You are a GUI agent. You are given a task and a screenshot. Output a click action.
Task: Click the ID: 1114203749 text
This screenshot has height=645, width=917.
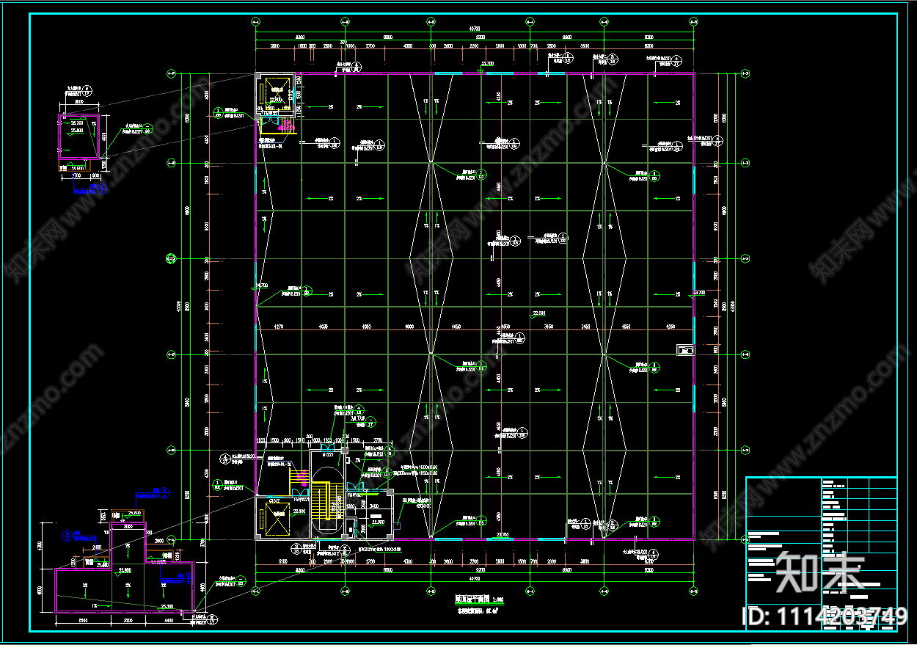point(826,617)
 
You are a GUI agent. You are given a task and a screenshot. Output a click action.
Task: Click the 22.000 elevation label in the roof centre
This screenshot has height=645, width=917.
point(539,314)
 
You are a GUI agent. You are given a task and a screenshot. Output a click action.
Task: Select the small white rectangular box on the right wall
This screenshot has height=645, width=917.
point(684,350)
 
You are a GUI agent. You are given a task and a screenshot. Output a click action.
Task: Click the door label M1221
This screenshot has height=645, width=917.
point(325,456)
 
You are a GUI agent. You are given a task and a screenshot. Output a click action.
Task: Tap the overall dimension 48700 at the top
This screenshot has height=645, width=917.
point(475,30)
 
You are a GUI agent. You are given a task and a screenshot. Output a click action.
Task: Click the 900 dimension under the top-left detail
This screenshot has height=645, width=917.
point(95,176)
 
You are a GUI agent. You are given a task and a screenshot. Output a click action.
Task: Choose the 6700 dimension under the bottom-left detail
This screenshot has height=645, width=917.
point(84,621)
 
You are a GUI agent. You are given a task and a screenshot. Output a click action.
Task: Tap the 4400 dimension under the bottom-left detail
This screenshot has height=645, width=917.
point(169,621)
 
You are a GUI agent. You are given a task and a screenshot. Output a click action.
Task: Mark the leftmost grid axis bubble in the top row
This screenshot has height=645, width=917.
point(255,21)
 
